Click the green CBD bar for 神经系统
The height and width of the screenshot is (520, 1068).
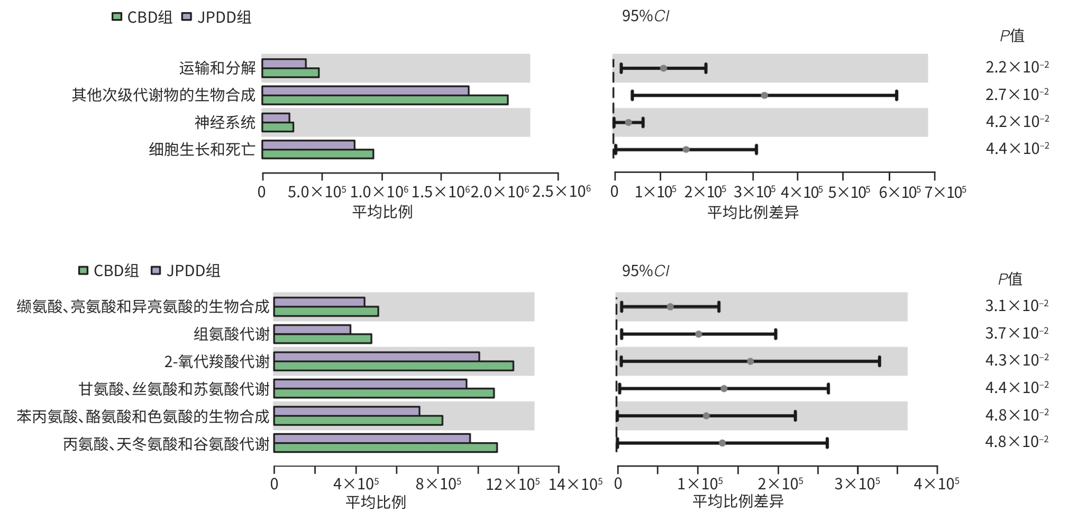tap(278, 127)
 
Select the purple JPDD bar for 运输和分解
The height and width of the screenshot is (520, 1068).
tap(284, 63)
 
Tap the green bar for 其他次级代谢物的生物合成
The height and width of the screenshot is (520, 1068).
tap(385, 100)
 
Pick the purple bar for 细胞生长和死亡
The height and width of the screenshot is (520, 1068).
tap(308, 145)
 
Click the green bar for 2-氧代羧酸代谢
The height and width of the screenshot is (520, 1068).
tap(394, 366)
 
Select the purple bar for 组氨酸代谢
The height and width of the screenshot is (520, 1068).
tap(312, 330)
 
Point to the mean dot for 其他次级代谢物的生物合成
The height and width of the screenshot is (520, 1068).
tap(764, 95)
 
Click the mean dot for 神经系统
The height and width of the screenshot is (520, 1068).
tap(628, 122)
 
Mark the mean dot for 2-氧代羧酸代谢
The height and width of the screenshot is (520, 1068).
tap(750, 361)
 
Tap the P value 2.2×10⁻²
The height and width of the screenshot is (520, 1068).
tap(1017, 67)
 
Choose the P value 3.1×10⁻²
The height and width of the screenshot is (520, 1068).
tap(1016, 306)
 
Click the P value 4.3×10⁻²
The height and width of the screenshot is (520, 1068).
tap(1016, 360)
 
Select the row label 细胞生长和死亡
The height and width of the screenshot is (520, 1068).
tap(202, 150)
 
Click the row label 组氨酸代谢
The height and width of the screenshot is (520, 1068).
tap(231, 334)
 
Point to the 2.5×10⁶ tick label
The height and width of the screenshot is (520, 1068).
tap(561, 191)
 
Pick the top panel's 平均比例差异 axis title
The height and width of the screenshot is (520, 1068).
tap(753, 213)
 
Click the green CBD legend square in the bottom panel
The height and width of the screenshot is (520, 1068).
tap(83, 271)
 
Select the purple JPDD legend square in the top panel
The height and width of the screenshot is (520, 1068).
tap(186, 17)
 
